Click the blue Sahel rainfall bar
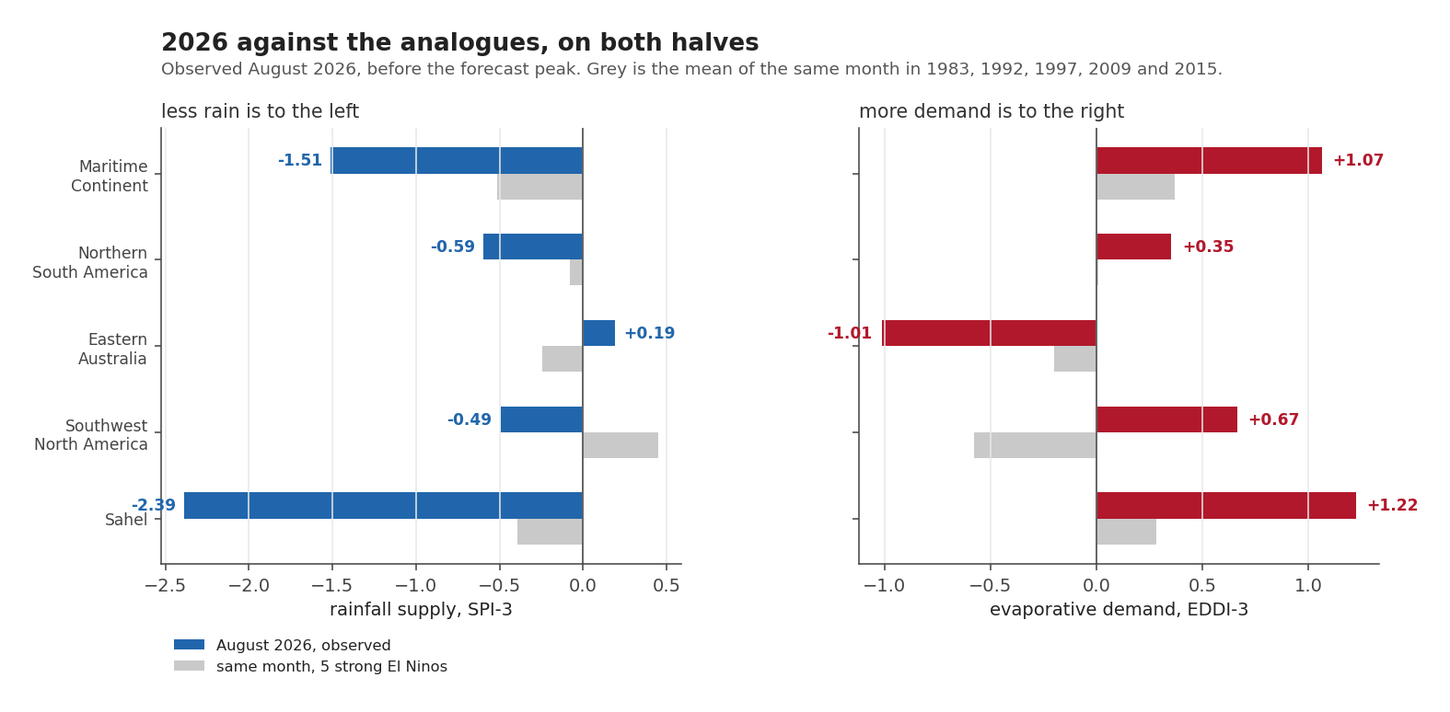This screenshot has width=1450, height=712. [x=383, y=505]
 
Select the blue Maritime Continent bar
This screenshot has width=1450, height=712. [x=457, y=160]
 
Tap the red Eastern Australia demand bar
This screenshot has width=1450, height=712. [x=989, y=333]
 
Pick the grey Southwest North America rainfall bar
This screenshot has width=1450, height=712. [x=621, y=445]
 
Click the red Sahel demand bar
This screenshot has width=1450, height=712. [x=1226, y=505]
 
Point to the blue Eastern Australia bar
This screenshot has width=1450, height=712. [x=598, y=333]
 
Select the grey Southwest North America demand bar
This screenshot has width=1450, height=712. [x=1035, y=445]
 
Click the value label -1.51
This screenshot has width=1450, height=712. [x=300, y=160]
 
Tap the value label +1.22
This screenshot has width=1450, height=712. [x=1392, y=505]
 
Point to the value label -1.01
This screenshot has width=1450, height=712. [x=849, y=333]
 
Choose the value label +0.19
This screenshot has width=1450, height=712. [x=649, y=333]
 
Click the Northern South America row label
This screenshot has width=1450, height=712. [x=90, y=262]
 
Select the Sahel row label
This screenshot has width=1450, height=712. [x=126, y=520]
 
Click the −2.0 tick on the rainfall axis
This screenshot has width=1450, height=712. [x=249, y=586]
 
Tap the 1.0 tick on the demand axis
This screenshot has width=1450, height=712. [x=1308, y=586]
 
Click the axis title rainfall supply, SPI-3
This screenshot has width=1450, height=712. [x=421, y=610]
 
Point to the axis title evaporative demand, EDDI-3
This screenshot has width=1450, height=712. [x=1119, y=610]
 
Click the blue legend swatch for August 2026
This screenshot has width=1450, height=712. [x=189, y=645]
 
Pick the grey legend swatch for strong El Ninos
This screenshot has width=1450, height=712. [x=189, y=666]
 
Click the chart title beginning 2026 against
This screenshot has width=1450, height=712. [x=459, y=42]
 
